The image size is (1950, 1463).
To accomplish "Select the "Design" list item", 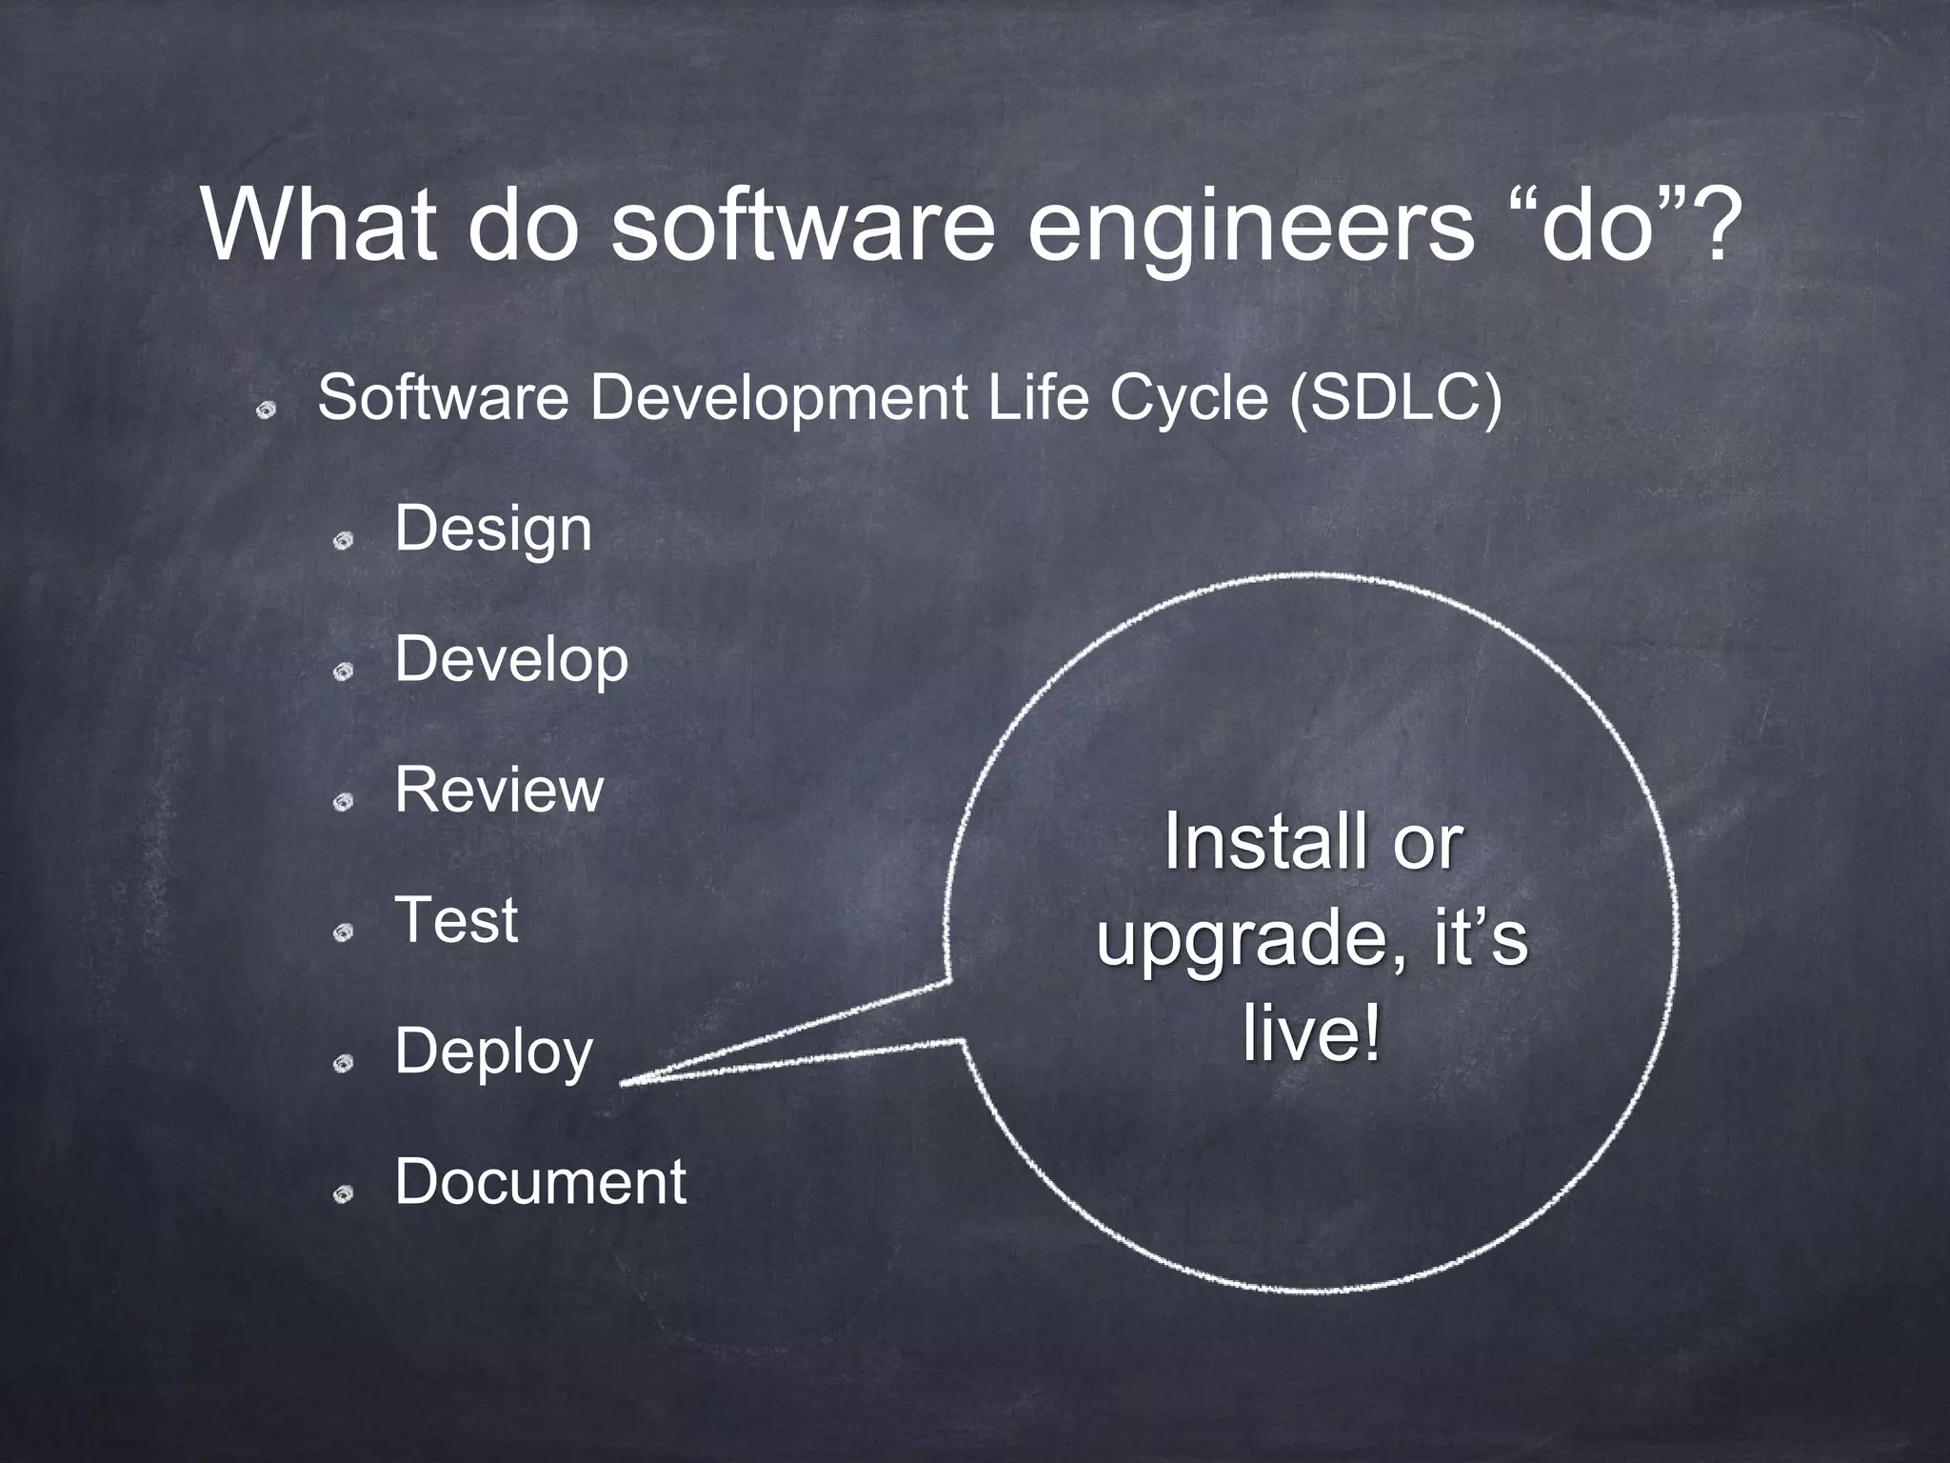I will click(x=492, y=530).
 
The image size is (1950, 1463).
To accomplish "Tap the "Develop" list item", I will click(x=511, y=660).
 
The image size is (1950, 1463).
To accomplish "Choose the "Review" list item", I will click(x=499, y=790).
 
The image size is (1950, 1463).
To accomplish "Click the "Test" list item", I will click(x=456, y=920).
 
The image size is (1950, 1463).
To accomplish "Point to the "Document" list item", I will click(x=540, y=1182).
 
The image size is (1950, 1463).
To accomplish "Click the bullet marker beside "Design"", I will click(x=343, y=541).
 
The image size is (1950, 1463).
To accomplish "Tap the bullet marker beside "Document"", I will click(x=343, y=1193).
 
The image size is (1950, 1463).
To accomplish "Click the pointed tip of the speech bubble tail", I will click(x=624, y=1083).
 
